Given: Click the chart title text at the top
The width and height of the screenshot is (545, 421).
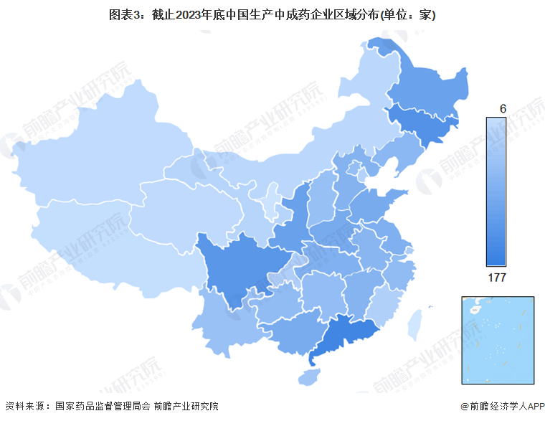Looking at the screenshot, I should coord(272,14).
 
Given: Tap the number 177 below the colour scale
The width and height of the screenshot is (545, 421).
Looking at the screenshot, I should coord(497,278).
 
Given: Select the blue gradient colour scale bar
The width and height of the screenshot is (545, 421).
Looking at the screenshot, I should coord(496,191).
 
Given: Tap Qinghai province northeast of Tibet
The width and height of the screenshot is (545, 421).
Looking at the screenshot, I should coord(179,201).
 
